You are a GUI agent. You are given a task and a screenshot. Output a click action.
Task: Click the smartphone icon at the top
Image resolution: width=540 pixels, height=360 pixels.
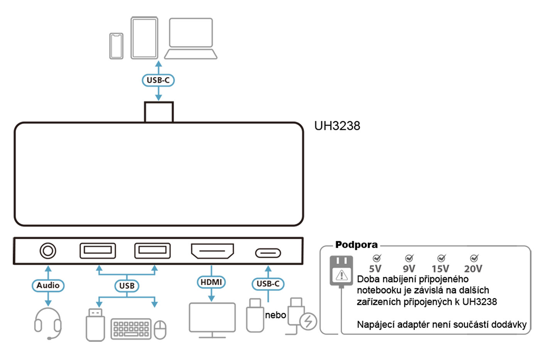(x=116, y=46)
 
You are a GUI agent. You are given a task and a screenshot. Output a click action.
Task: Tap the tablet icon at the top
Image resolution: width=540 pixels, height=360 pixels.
(x=144, y=38)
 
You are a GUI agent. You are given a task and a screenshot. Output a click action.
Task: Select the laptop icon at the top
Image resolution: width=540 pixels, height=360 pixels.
(x=191, y=39)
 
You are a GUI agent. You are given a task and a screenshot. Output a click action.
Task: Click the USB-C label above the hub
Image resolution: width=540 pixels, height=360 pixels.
(x=158, y=80)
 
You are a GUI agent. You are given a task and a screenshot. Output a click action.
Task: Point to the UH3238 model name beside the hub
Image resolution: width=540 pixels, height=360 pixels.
(x=337, y=126)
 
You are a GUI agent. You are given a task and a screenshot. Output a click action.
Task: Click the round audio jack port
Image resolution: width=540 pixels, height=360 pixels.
(x=48, y=251)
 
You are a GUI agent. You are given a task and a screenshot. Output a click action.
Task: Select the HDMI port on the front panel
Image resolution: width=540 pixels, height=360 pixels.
(x=213, y=251)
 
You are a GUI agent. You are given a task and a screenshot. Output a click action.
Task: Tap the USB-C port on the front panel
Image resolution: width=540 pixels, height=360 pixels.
(x=268, y=253)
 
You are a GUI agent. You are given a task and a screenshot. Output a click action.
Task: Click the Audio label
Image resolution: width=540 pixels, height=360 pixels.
(x=48, y=286)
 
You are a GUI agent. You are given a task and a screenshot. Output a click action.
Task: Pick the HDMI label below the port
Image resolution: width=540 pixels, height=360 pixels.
(x=211, y=282)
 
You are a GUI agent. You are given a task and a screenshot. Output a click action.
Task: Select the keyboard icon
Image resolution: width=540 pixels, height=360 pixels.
(x=131, y=329)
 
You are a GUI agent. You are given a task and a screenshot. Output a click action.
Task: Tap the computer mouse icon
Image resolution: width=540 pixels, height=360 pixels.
(x=160, y=330)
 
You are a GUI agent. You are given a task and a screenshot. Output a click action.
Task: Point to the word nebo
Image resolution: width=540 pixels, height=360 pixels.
(x=275, y=315)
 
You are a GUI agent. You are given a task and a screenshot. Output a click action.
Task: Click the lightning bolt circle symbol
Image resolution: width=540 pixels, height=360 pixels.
(x=308, y=321)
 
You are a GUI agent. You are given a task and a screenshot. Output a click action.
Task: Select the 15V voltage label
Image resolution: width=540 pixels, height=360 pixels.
(x=440, y=269)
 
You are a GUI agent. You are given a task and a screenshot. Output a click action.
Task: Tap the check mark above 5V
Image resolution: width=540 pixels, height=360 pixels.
(x=376, y=258)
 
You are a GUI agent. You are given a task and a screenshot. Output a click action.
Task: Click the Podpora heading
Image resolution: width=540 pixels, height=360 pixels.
(x=356, y=245)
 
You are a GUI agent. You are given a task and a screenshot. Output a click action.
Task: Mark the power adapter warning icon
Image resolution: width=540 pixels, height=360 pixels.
(x=341, y=275)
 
